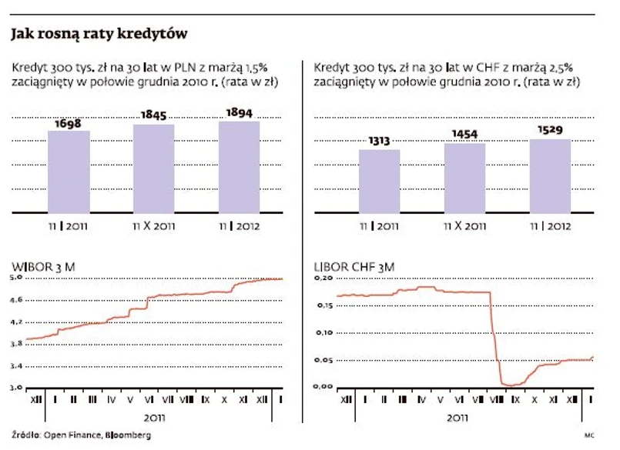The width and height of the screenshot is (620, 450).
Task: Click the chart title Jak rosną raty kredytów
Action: point(99,35)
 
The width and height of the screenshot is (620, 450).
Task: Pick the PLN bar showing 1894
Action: point(239,166)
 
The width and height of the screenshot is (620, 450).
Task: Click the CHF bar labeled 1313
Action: point(379,181)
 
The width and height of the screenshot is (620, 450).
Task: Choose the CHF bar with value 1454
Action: point(464,178)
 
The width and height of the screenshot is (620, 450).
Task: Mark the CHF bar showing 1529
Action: point(549,175)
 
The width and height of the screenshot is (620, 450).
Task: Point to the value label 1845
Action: point(153,115)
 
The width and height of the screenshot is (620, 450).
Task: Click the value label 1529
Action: point(549,132)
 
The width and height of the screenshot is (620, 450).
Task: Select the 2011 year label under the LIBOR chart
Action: point(457,418)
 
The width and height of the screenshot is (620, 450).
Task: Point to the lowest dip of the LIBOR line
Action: point(508,385)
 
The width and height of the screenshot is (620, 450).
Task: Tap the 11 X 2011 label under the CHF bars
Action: point(464,226)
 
